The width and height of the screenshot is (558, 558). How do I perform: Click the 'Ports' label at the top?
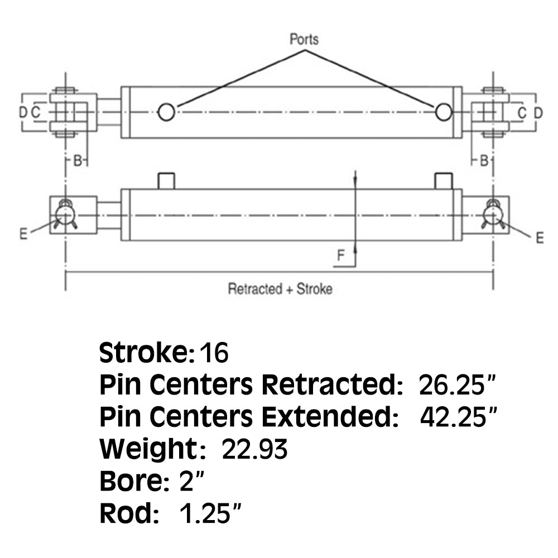tap(304, 40)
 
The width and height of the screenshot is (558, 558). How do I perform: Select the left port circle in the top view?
tap(166, 112)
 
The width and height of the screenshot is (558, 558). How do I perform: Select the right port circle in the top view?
tap(444, 112)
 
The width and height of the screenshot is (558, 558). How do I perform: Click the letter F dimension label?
tap(340, 256)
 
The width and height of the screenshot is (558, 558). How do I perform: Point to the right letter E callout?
tap(539, 238)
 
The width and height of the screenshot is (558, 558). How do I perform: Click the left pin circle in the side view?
tap(65, 214)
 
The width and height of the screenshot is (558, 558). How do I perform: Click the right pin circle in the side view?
tap(493, 214)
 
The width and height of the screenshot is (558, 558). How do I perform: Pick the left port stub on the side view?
tap(166, 181)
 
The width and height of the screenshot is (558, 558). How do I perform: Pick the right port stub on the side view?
tap(443, 181)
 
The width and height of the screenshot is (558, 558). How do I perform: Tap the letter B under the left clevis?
tap(79, 161)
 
